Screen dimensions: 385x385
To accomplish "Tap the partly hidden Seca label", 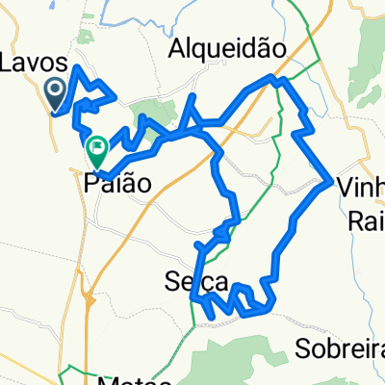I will click(x=193, y=283).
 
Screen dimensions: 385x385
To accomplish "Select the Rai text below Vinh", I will click(x=364, y=222).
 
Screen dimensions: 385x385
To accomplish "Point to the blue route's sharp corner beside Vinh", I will click(x=331, y=180).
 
